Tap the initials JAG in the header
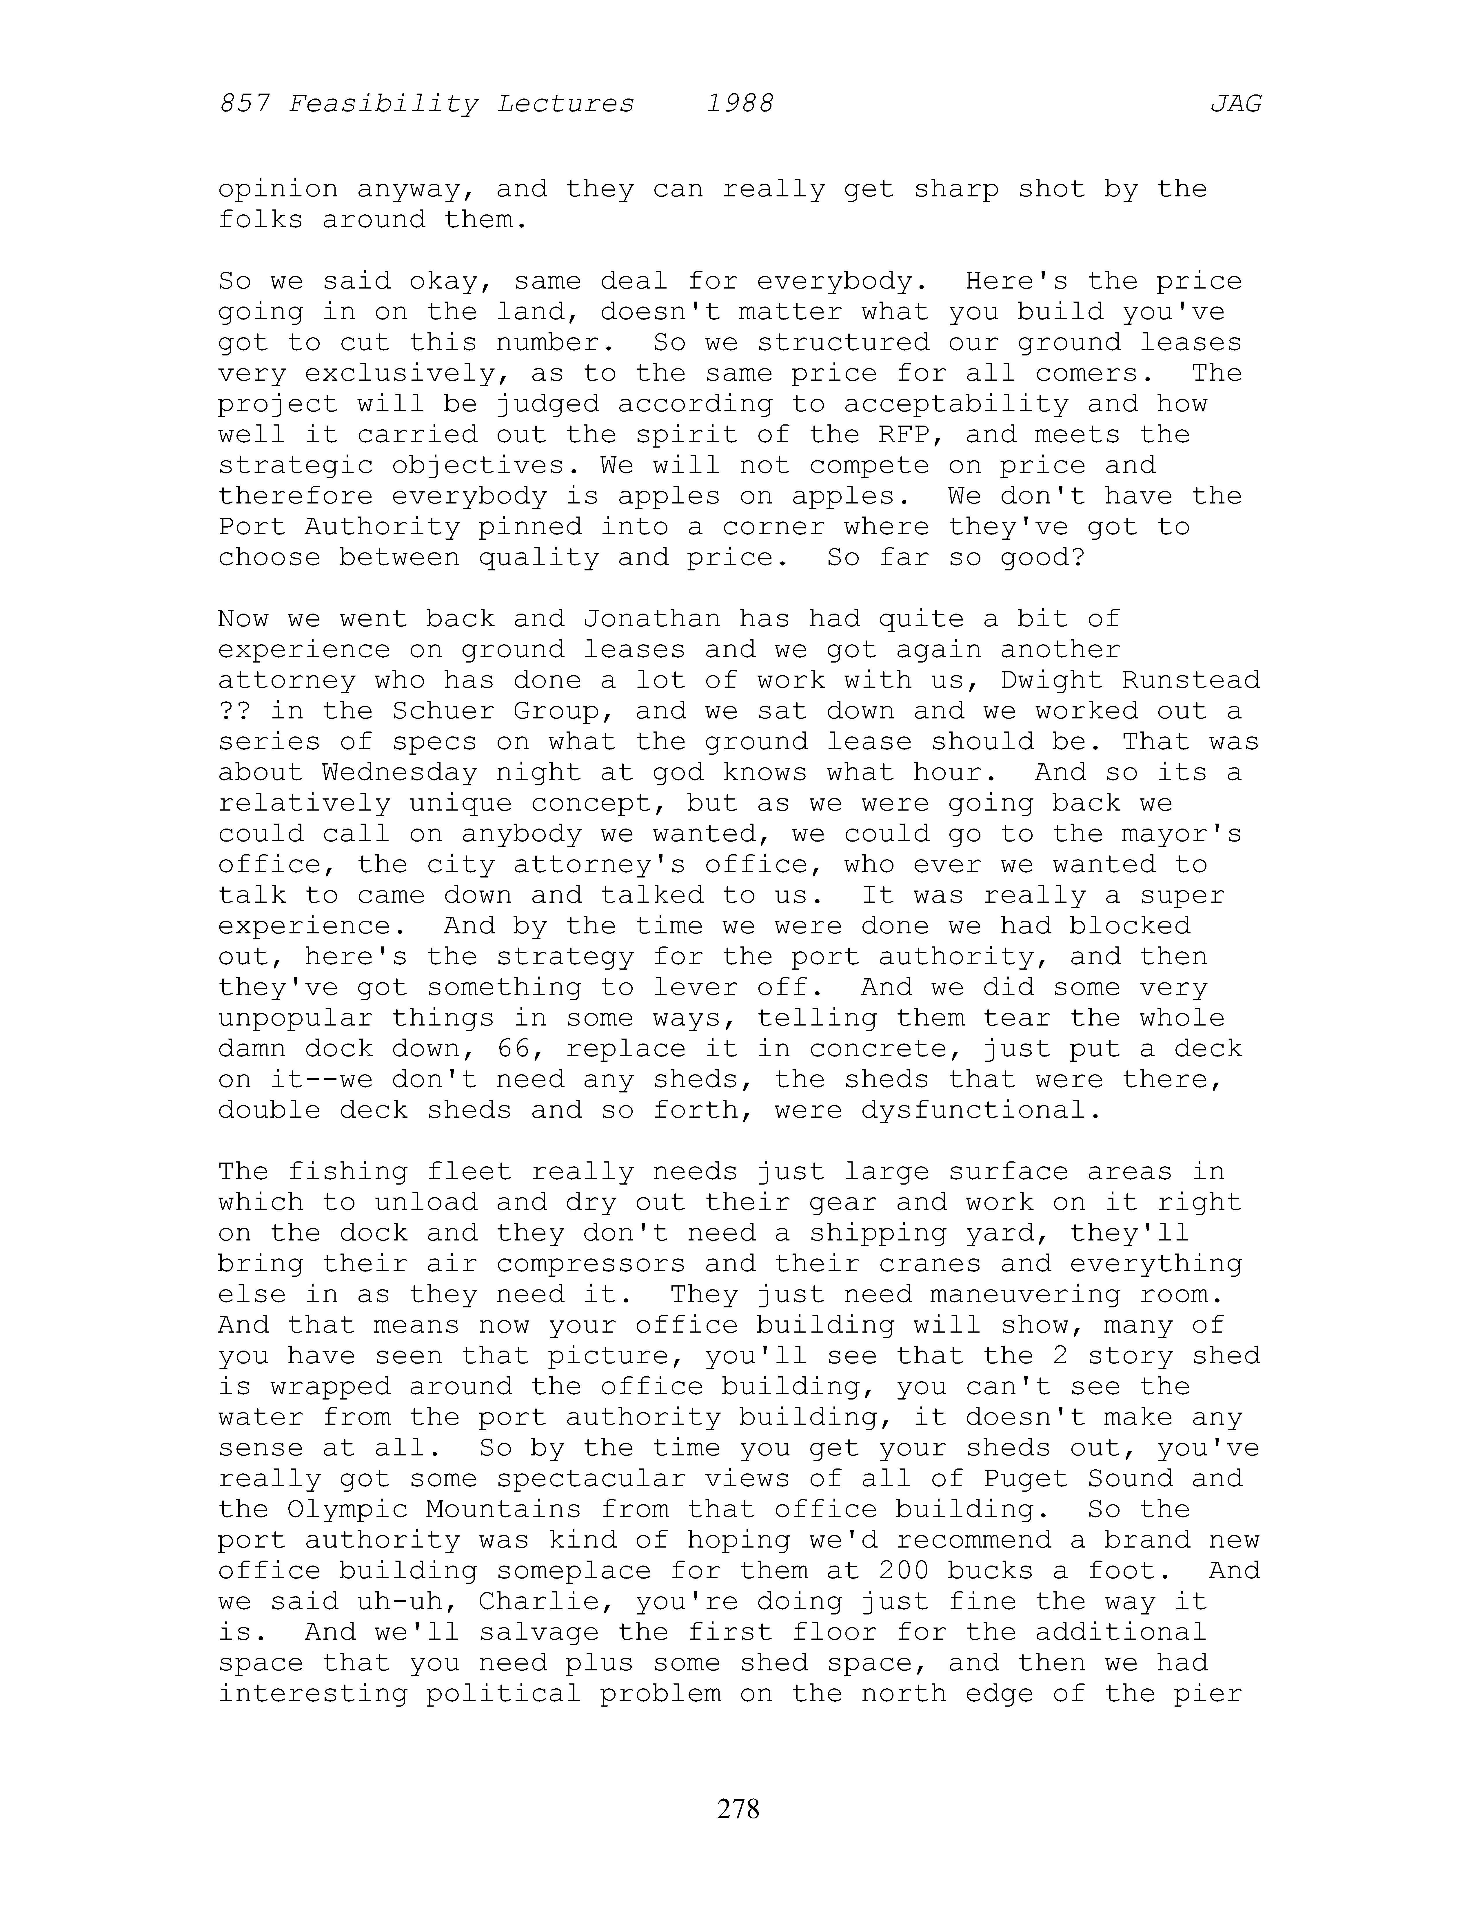pos(1235,104)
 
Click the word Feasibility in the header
pos(383,104)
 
